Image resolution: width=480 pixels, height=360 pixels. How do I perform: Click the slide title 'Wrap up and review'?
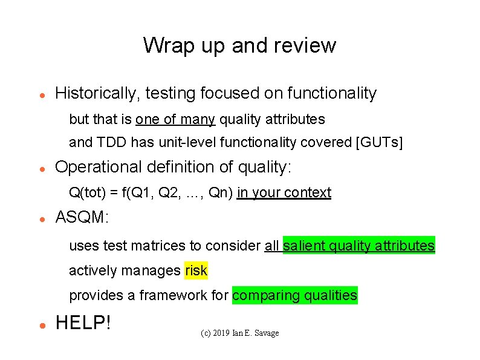239,45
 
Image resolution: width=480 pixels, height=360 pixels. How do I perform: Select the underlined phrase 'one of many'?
175,119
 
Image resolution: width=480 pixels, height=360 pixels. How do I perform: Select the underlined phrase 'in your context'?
284,193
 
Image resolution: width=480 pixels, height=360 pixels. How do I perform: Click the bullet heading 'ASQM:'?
82,218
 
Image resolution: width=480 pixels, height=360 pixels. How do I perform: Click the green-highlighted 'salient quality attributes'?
358,246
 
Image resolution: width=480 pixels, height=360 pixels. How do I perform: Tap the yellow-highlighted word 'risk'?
196,270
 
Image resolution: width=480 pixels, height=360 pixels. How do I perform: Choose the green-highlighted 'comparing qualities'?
294,295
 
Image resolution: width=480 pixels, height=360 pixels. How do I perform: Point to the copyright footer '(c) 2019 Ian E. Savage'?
239,333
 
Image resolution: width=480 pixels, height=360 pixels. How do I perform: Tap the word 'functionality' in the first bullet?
332,94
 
